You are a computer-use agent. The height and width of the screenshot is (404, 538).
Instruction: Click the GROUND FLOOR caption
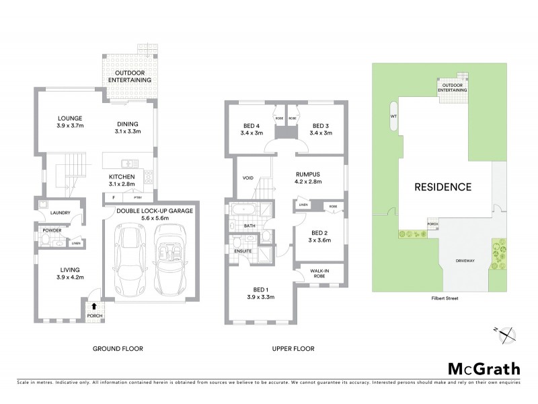[x=118, y=349]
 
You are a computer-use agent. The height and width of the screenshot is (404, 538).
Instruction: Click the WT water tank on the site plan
[x=393, y=116]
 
